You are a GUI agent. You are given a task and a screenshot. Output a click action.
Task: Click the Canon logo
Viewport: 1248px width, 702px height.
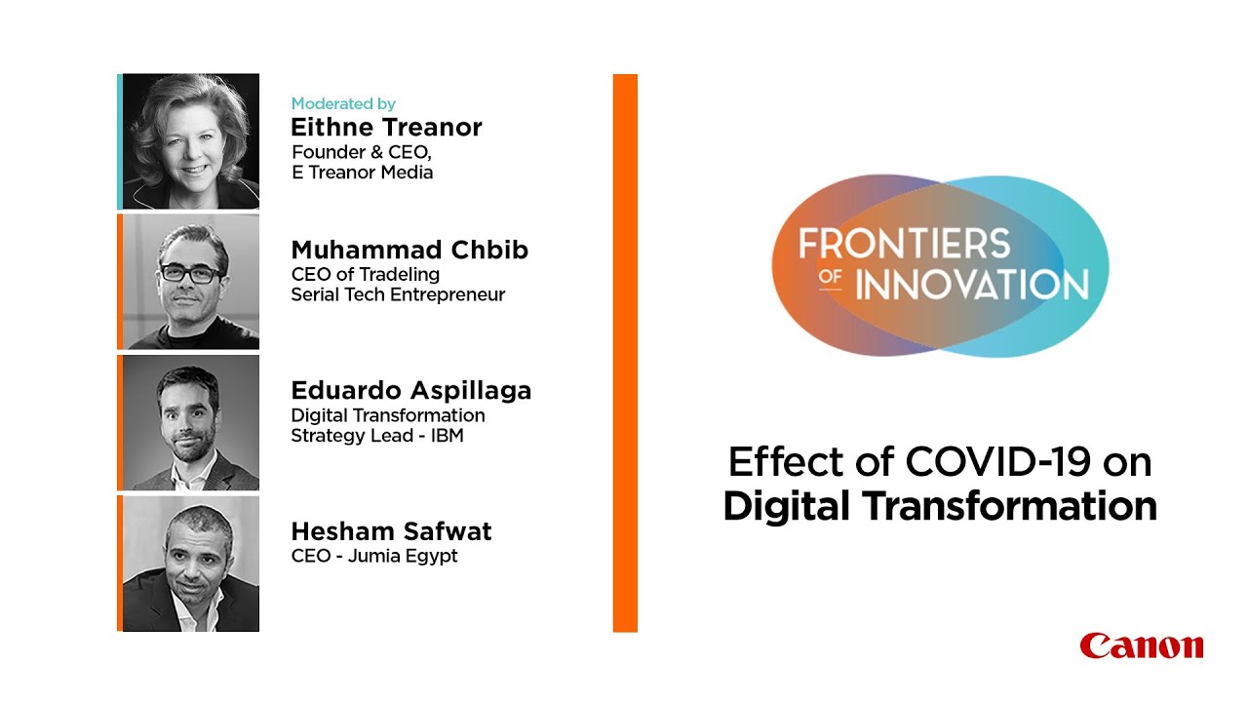tap(1142, 645)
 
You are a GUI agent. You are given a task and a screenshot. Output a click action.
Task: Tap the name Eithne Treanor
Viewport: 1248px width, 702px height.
tap(386, 128)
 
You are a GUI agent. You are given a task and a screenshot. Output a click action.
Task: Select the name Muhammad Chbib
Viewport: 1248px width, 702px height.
tap(409, 251)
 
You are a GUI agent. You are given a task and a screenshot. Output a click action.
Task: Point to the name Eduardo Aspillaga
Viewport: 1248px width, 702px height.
tap(410, 391)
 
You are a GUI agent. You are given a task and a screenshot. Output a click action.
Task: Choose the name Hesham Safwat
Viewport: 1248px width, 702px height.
tap(391, 532)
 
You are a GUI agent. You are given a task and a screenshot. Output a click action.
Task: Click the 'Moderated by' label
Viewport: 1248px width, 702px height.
tap(342, 103)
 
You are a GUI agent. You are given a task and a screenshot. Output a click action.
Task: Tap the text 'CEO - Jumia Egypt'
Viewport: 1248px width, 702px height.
tap(373, 557)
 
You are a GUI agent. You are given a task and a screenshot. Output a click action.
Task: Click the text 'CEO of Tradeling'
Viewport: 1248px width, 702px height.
tap(365, 274)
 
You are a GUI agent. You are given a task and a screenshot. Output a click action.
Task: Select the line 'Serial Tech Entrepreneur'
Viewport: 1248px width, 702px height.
tap(398, 294)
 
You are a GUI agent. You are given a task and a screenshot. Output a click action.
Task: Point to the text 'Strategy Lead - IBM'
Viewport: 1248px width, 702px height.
tap(376, 436)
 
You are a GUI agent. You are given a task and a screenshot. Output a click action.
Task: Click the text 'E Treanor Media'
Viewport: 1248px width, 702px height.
tap(362, 173)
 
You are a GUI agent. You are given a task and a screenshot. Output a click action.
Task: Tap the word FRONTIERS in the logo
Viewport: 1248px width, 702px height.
tap(904, 244)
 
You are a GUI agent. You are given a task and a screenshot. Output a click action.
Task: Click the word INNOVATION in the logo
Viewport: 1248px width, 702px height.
tap(972, 285)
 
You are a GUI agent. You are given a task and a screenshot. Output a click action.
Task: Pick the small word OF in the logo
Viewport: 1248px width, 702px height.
tap(830, 277)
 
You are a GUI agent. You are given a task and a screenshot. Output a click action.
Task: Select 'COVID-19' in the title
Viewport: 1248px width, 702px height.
tap(994, 462)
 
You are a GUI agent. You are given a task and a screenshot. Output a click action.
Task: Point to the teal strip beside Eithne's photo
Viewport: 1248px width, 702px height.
tap(120, 141)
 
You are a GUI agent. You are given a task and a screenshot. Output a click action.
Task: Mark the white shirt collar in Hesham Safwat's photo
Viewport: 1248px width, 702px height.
tap(184, 614)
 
